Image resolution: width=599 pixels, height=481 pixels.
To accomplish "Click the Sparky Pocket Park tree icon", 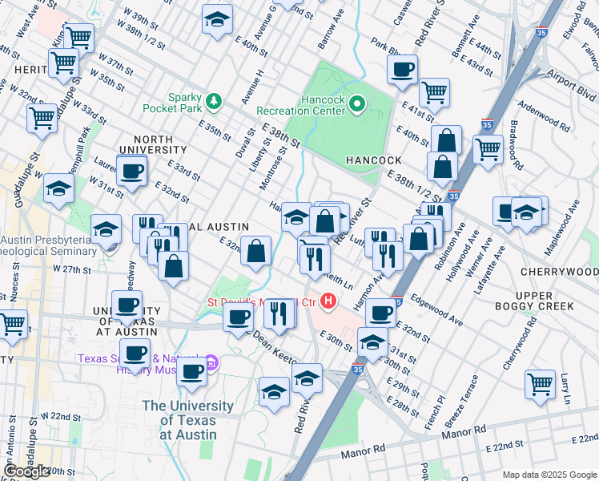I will pos(213,101).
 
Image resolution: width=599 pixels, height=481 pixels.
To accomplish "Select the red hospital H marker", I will pos(327,301).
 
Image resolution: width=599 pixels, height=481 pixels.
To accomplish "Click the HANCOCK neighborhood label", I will pos(372,160).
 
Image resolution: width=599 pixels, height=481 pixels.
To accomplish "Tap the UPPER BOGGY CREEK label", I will pos(545,301).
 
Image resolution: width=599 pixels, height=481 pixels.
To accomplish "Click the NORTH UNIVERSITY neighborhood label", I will pos(147,144).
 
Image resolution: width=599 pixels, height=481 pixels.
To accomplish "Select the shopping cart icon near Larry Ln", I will pos(541,383).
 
